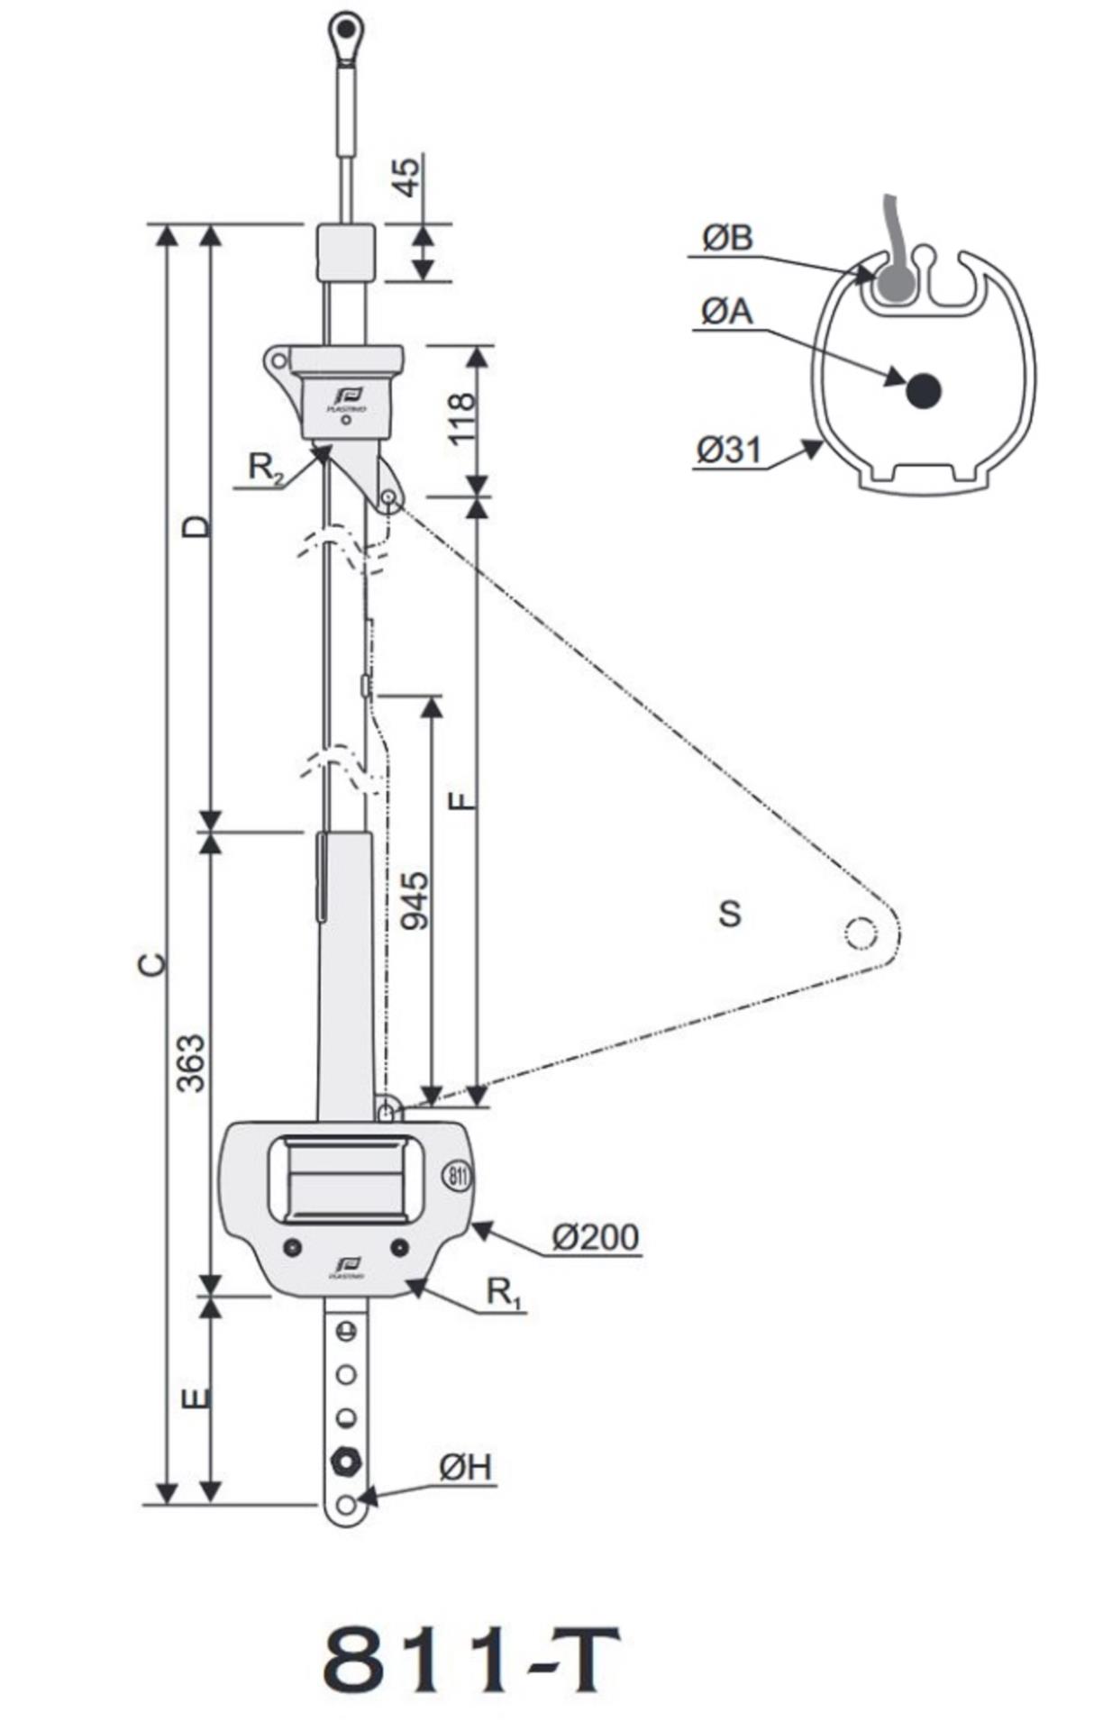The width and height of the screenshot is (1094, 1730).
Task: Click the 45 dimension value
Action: pos(408,177)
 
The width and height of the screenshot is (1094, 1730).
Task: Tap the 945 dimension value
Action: pos(415,900)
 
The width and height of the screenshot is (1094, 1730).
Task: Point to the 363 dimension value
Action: pos(190,1062)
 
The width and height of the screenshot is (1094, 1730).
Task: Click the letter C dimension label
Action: pos(154,963)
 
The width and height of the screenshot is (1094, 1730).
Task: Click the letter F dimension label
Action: pos(461,799)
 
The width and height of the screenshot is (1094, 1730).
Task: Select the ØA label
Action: pos(726,312)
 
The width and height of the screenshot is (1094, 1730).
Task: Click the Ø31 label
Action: pos(729,448)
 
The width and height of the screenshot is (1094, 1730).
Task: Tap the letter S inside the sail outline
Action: pos(730,914)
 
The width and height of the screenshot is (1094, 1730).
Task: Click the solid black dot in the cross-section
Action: pos(924,390)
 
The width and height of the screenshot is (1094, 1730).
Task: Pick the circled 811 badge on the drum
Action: pos(456,1175)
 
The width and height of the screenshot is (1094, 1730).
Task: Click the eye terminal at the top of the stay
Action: pos(344,31)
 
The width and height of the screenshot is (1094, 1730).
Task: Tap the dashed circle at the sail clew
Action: pos(861,933)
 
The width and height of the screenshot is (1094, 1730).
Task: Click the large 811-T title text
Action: pos(470,1659)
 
